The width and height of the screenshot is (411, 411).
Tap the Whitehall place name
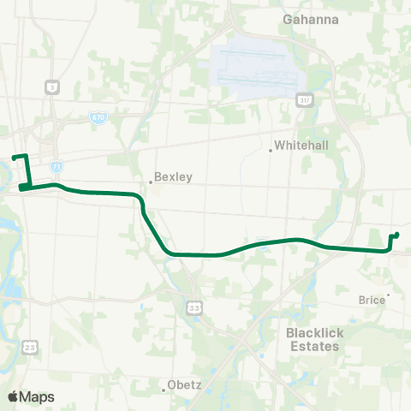pyautogui.click(x=301, y=146)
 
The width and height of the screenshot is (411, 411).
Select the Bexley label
pyautogui.click(x=173, y=177)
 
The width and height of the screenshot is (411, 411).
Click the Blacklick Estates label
pyautogui.click(x=313, y=340)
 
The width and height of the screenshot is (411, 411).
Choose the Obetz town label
pyautogui.click(x=184, y=384)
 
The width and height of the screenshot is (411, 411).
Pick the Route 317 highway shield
pyautogui.click(x=304, y=100)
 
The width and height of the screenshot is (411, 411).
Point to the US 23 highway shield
pyautogui.click(x=31, y=346)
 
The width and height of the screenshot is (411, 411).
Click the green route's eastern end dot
pyautogui.click(x=396, y=235)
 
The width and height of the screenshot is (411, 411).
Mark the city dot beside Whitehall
pyautogui.click(x=271, y=151)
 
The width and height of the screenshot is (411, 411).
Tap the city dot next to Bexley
pyautogui.click(x=150, y=182)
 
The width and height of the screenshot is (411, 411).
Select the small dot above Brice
pyautogui.click(x=388, y=295)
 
